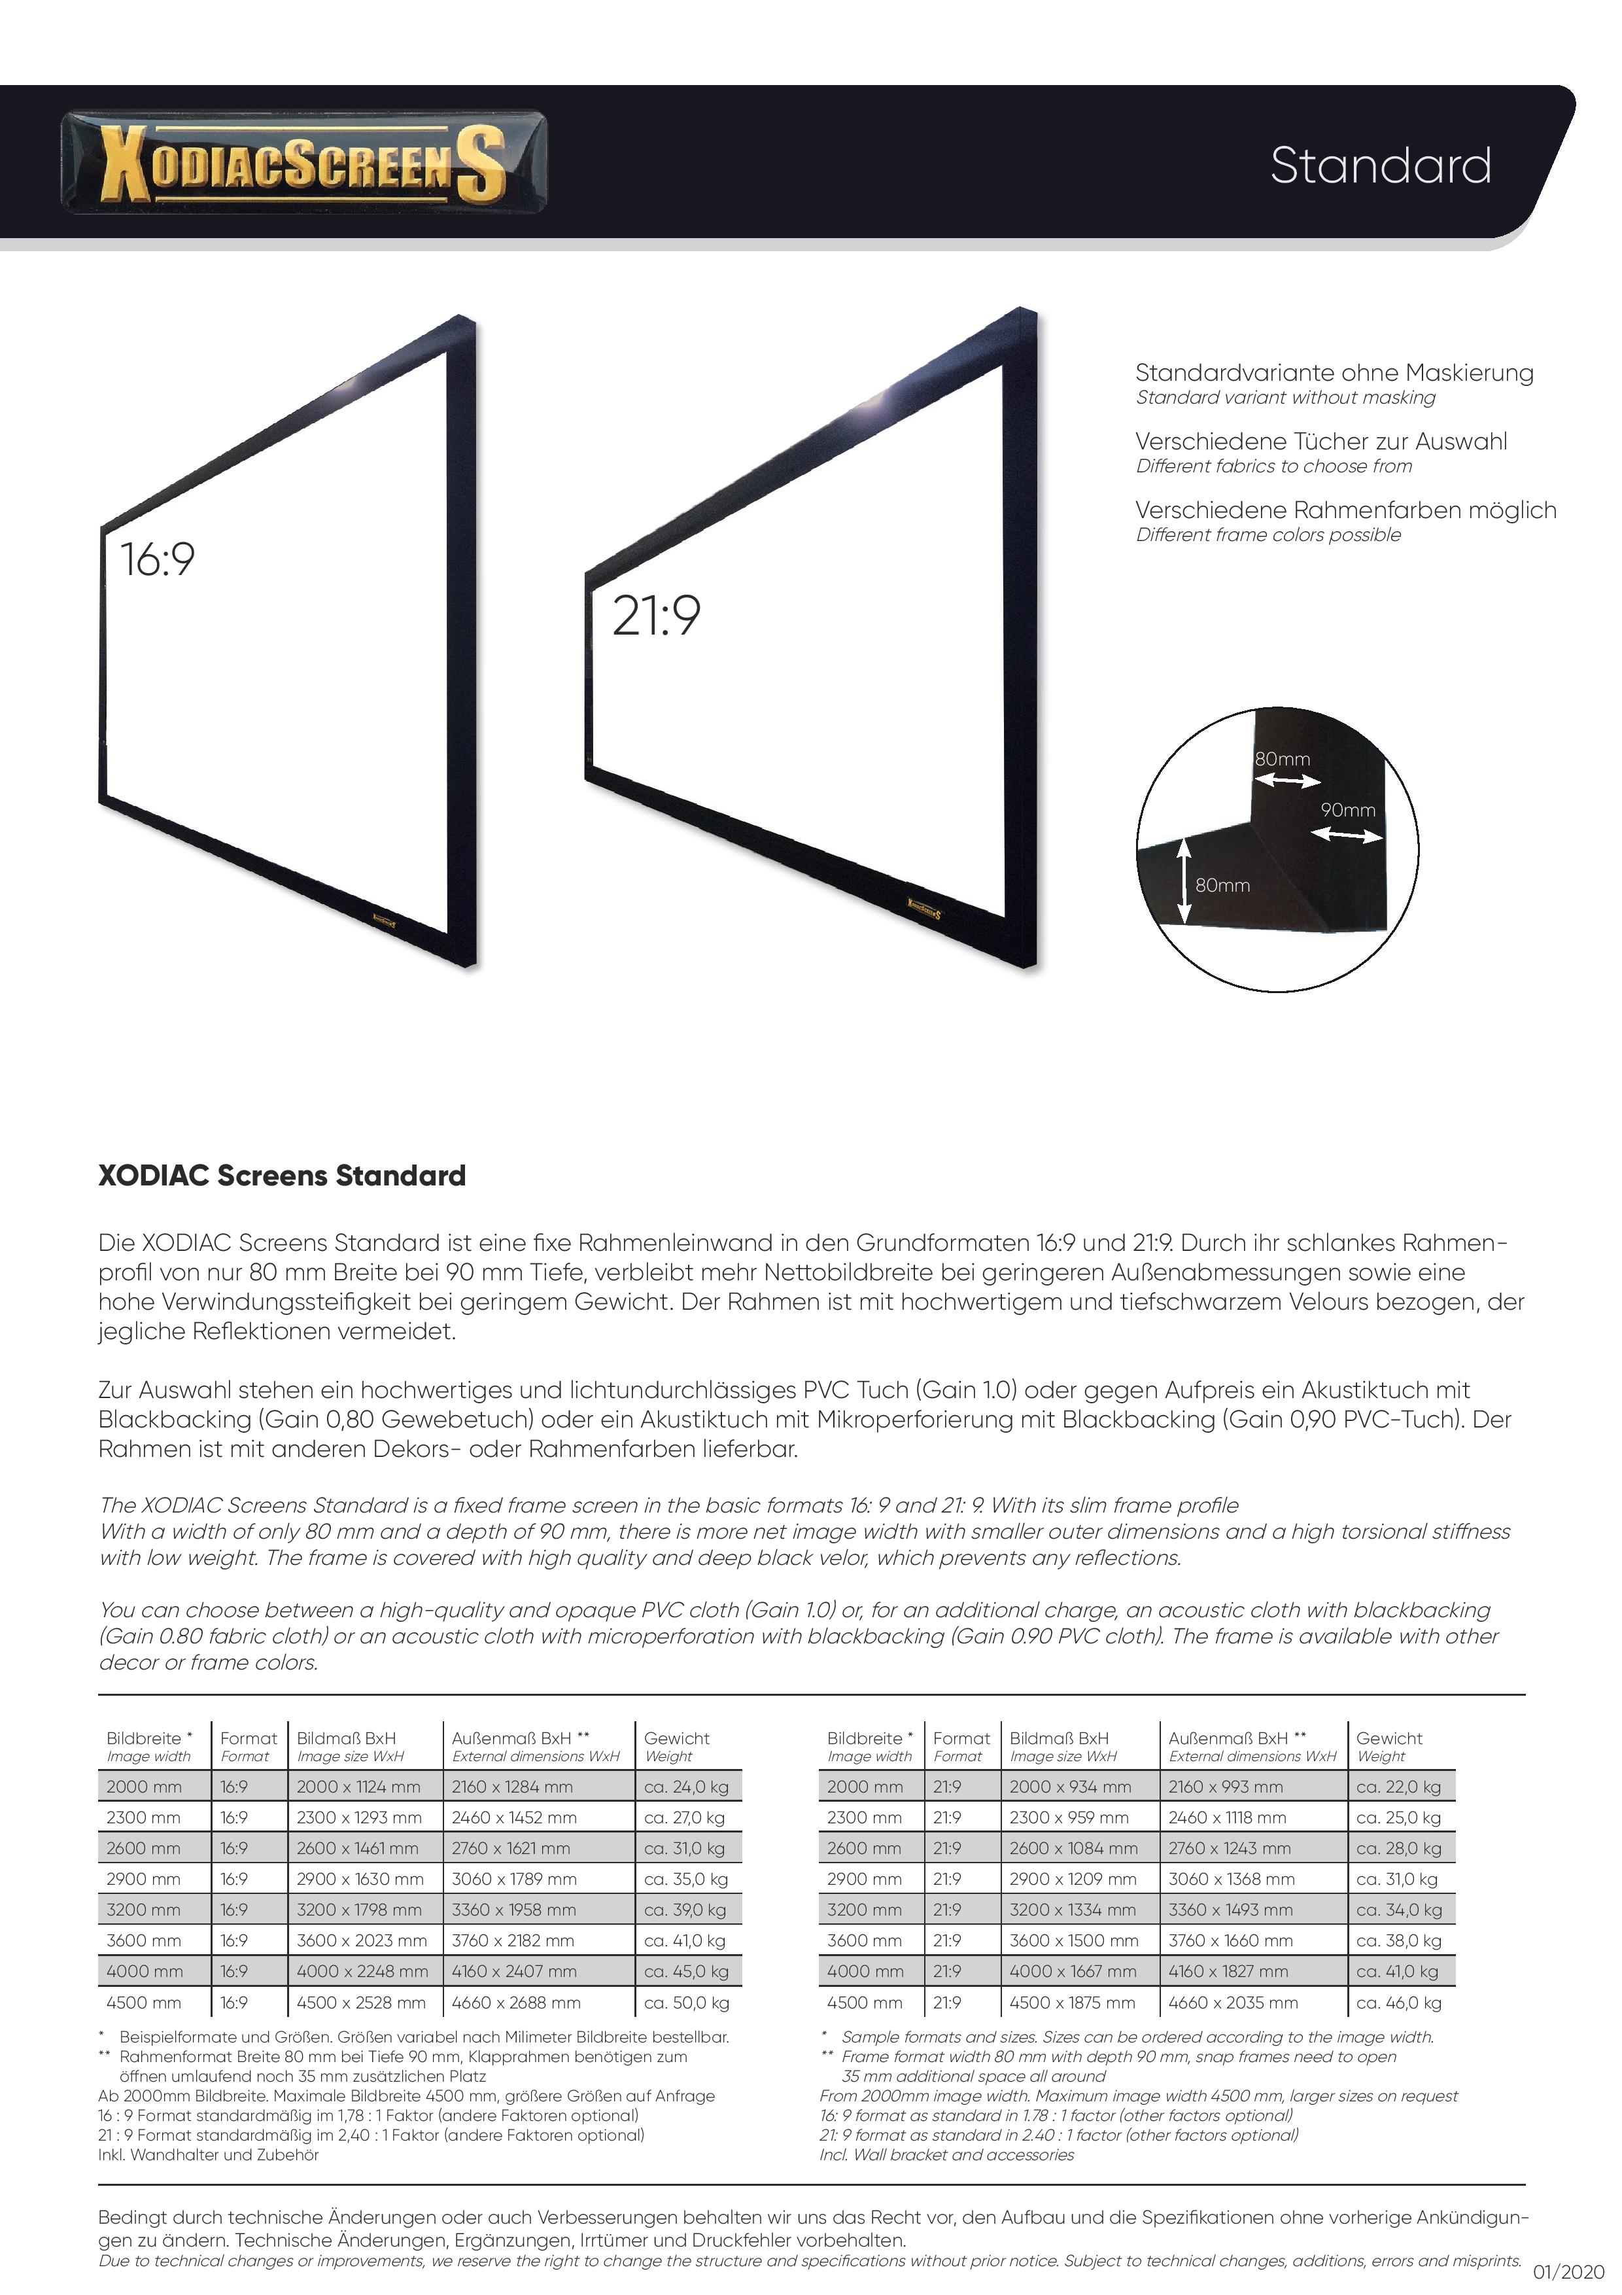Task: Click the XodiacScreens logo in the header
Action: (x=303, y=162)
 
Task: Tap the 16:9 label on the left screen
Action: (x=157, y=560)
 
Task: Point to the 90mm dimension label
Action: (x=1347, y=811)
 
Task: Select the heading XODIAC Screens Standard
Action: (x=282, y=1176)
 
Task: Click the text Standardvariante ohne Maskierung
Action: (x=1333, y=373)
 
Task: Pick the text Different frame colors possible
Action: (x=1268, y=534)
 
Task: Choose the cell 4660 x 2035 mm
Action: (x=1232, y=2003)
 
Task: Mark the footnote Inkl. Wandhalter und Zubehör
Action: (x=208, y=2155)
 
